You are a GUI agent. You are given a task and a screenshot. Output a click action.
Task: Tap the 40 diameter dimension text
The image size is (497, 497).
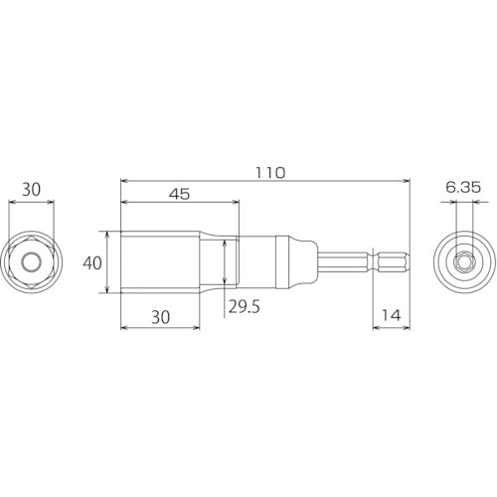click(91, 263)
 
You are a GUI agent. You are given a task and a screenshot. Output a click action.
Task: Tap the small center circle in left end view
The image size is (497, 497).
click(32, 262)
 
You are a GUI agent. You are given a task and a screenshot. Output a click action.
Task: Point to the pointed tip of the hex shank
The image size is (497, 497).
click(408, 262)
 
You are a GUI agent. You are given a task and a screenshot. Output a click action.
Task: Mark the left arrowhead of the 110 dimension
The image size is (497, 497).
click(123, 181)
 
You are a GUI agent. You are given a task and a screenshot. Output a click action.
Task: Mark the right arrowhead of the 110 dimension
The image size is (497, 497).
click(406, 181)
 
